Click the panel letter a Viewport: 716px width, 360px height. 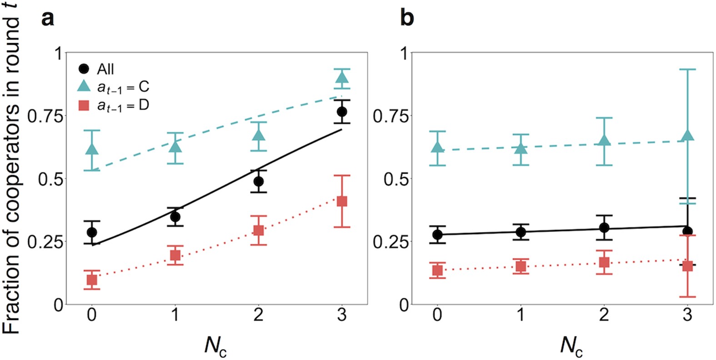pyautogui.click(x=47, y=19)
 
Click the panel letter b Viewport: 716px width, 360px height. pyautogui.click(x=407, y=19)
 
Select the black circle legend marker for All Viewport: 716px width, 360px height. pyautogui.click(x=84, y=69)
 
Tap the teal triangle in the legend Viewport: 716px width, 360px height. pyautogui.click(x=84, y=86)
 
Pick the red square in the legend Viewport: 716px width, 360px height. pyautogui.click(x=84, y=105)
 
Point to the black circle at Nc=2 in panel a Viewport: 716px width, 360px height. pyautogui.click(x=258, y=181)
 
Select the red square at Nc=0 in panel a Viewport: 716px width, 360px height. pyautogui.click(x=92, y=280)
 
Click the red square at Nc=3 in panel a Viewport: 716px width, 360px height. pyautogui.click(x=342, y=201)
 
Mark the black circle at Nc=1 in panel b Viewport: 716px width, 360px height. pyautogui.click(x=521, y=232)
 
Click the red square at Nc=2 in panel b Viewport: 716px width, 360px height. pyautogui.click(x=604, y=262)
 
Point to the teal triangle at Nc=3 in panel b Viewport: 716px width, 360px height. pyautogui.click(x=687, y=135)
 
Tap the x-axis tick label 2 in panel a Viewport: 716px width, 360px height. pyautogui.click(x=258, y=315)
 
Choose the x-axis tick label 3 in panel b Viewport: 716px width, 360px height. pyautogui.click(x=687, y=315)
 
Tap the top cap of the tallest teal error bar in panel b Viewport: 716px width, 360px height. pyautogui.click(x=687, y=69)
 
